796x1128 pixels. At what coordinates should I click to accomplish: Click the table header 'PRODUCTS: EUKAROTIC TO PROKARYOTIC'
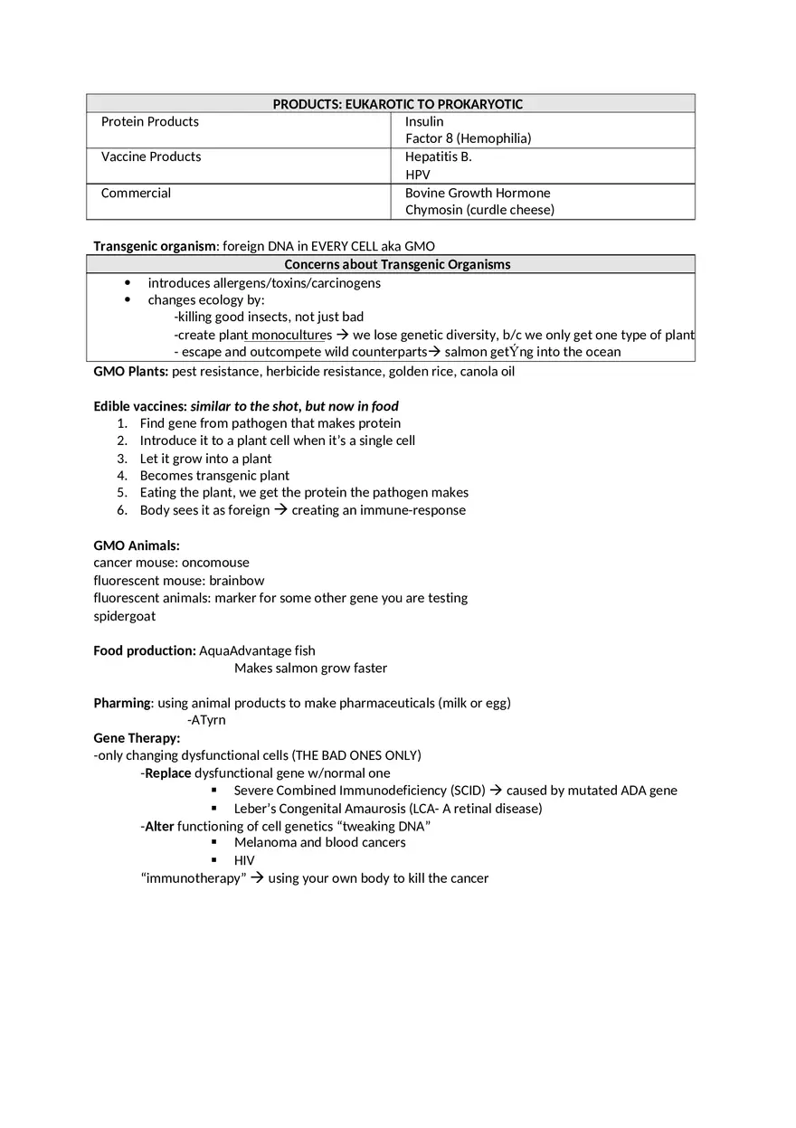[397, 104]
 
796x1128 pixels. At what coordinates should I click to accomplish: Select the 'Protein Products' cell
[149, 121]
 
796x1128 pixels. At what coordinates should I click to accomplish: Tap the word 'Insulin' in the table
[424, 121]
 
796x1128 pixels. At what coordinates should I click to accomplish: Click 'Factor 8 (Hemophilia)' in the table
[468, 138]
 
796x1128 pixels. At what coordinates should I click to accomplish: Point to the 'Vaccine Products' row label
[151, 156]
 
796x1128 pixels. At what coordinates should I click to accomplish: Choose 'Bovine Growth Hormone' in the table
[477, 193]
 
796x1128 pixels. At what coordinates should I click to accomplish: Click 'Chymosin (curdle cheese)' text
[479, 210]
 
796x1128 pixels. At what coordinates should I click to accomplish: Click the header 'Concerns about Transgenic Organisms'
[397, 264]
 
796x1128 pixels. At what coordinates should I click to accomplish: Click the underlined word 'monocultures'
[291, 335]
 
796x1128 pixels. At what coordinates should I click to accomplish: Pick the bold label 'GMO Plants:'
[130, 371]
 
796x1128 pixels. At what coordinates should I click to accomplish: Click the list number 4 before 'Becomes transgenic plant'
[122, 476]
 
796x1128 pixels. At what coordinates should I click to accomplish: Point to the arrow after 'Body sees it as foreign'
[280, 510]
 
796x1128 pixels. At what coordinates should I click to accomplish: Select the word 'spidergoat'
[124, 616]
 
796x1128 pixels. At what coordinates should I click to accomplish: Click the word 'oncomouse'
[215, 563]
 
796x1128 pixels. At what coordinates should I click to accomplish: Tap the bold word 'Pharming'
[122, 703]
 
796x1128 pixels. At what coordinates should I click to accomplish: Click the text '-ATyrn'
[206, 720]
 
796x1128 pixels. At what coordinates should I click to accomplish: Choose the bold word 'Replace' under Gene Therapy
[168, 773]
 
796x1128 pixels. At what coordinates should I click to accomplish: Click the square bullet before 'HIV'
[214, 860]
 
